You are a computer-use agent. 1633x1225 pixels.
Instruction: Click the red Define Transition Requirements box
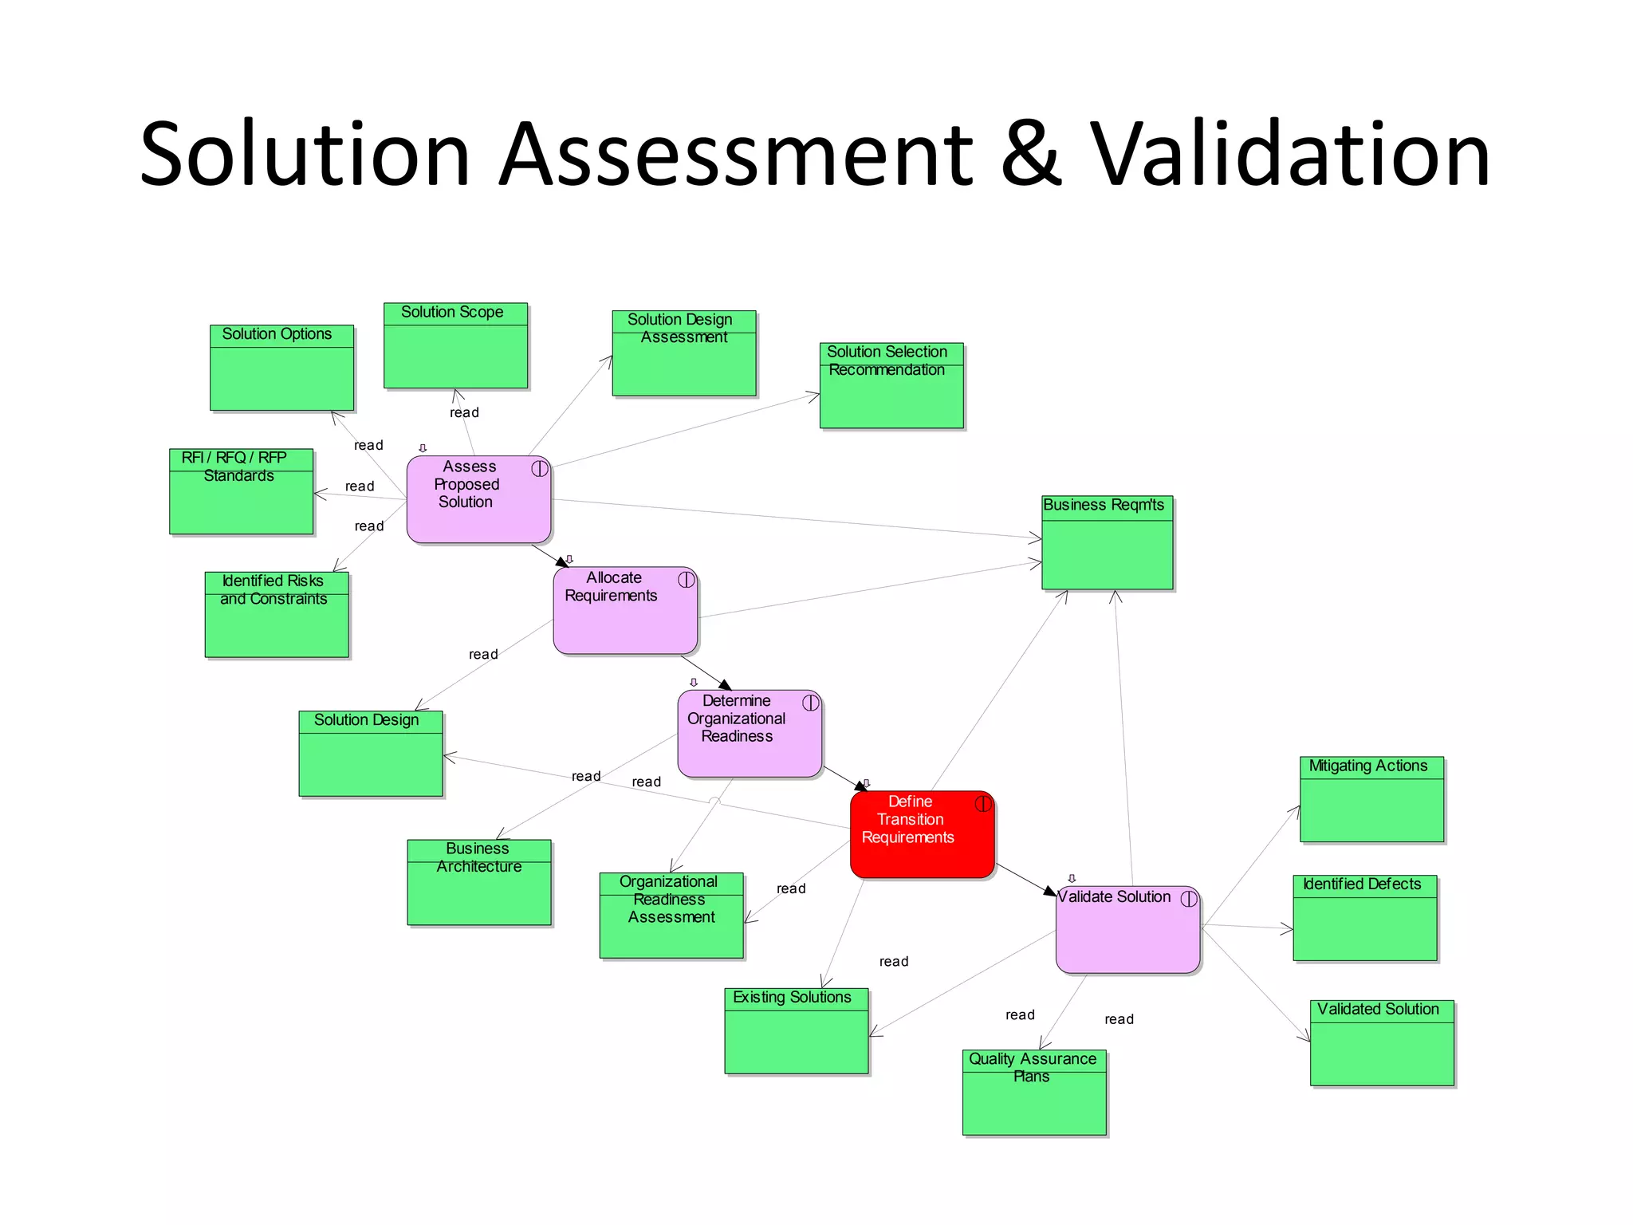[922, 834]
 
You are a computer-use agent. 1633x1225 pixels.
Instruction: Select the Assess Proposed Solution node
[478, 500]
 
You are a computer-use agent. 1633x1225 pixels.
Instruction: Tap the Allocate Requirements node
[625, 610]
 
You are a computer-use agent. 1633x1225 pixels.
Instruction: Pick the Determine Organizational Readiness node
[750, 733]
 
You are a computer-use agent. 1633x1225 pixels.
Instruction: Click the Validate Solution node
[1127, 929]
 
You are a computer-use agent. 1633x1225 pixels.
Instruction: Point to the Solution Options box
[281, 368]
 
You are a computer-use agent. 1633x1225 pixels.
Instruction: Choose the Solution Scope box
[455, 345]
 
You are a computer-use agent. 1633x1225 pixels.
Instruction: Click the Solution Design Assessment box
[683, 353]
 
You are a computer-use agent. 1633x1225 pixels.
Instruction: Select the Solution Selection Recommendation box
[891, 385]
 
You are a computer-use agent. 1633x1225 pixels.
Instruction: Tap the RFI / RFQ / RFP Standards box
[241, 491]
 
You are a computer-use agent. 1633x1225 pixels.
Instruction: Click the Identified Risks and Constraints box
[277, 615]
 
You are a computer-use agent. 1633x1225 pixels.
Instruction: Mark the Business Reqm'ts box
[1107, 542]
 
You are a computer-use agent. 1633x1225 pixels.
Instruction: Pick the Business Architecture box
[478, 882]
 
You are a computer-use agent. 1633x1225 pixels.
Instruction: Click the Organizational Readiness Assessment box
[671, 916]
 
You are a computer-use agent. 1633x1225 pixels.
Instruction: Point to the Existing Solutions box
[796, 1031]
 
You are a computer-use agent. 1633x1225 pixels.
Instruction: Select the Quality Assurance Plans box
[1034, 1093]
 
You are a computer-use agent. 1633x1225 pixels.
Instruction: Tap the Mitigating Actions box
[1371, 799]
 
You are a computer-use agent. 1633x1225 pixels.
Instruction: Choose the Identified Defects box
[1364, 918]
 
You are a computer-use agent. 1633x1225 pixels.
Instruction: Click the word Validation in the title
[1289, 154]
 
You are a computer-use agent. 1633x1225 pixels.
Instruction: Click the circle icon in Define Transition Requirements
[983, 804]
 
